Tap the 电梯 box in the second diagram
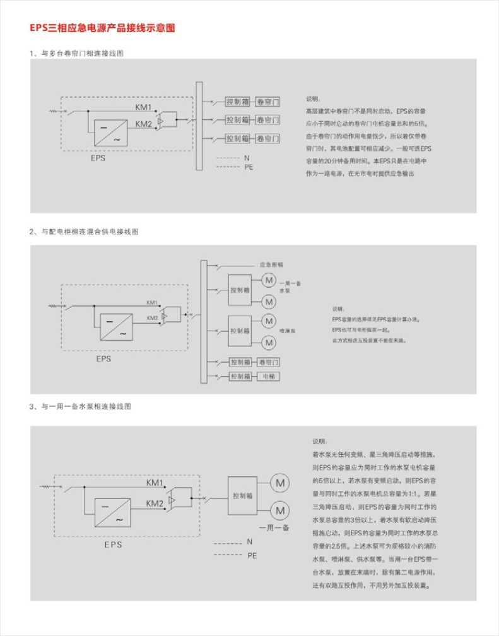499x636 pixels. point(269,377)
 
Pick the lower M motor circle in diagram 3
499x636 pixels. point(279,509)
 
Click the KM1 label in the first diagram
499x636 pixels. point(143,106)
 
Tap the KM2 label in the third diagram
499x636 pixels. point(155,503)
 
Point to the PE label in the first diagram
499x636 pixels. point(248,167)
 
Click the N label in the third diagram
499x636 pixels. point(249,542)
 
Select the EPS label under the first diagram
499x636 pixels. point(98,159)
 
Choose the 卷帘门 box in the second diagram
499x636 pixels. point(269,362)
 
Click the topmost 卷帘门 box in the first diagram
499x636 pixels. point(267,102)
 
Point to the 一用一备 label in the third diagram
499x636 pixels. point(274,527)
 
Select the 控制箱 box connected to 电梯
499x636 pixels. point(240,377)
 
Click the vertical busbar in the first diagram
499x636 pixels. point(198,126)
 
